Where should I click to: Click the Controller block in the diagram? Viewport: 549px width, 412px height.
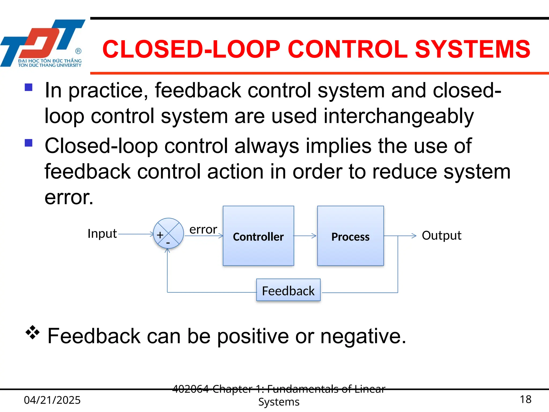pos(258,236)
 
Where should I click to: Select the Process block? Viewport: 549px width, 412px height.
pos(350,236)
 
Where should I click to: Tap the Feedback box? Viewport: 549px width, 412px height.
pos(288,290)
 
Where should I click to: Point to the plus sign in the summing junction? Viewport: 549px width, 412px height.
pos(160,235)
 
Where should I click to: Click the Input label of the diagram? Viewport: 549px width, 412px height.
pos(102,234)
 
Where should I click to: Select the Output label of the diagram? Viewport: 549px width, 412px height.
pos(442,236)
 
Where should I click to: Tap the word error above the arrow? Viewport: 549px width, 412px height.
pos(203,230)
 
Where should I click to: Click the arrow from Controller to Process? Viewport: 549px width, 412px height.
pos(305,236)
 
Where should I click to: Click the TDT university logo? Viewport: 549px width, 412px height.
pos(43,43)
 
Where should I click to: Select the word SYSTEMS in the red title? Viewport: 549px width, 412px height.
pos(472,49)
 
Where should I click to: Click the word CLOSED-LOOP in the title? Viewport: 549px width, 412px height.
pos(191,49)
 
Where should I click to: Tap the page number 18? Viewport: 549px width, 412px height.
pos(525,399)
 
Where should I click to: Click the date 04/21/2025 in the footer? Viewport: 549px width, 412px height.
pos(52,400)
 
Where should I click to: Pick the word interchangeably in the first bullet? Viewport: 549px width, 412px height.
pos(399,116)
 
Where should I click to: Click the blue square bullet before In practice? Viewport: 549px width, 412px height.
pos(28,87)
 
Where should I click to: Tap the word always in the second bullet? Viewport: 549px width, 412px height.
pos(266,146)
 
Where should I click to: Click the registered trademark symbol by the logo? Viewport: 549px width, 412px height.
pos(78,51)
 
